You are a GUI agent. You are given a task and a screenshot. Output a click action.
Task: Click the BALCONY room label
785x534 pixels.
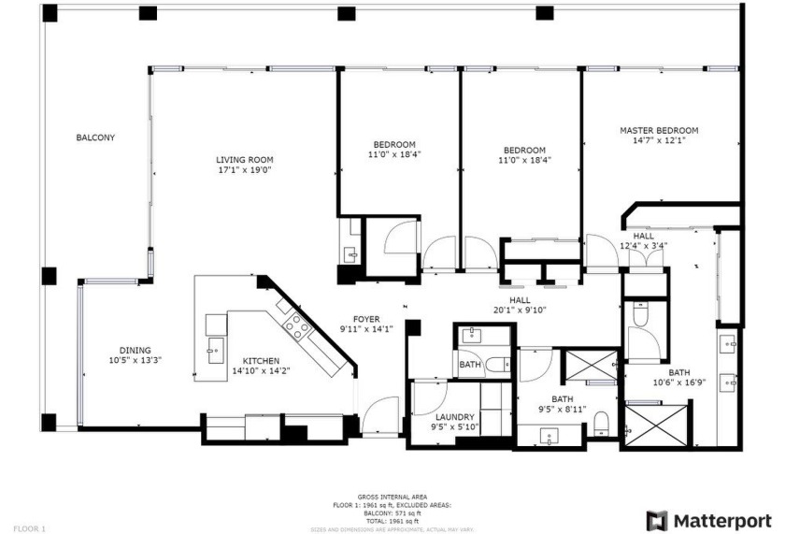95,137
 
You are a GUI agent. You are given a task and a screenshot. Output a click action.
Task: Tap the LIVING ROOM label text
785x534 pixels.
245,160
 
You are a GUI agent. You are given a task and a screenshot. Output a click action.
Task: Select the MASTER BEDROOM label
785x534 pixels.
659,130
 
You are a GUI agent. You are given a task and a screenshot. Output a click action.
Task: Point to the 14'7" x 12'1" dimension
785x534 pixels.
659,141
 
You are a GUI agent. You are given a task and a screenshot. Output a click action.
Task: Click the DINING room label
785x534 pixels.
136,350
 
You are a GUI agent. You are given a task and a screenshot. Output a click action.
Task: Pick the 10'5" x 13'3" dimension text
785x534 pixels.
136,360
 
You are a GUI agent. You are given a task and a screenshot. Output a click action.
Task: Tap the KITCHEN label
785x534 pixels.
261,361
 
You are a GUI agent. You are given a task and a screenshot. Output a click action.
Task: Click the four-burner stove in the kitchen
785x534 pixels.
296,325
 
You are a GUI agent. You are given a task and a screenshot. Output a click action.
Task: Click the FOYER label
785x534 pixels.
365,319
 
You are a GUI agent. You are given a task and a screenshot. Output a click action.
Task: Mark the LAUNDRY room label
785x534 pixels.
456,417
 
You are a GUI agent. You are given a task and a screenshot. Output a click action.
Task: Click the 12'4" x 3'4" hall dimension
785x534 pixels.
644,246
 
